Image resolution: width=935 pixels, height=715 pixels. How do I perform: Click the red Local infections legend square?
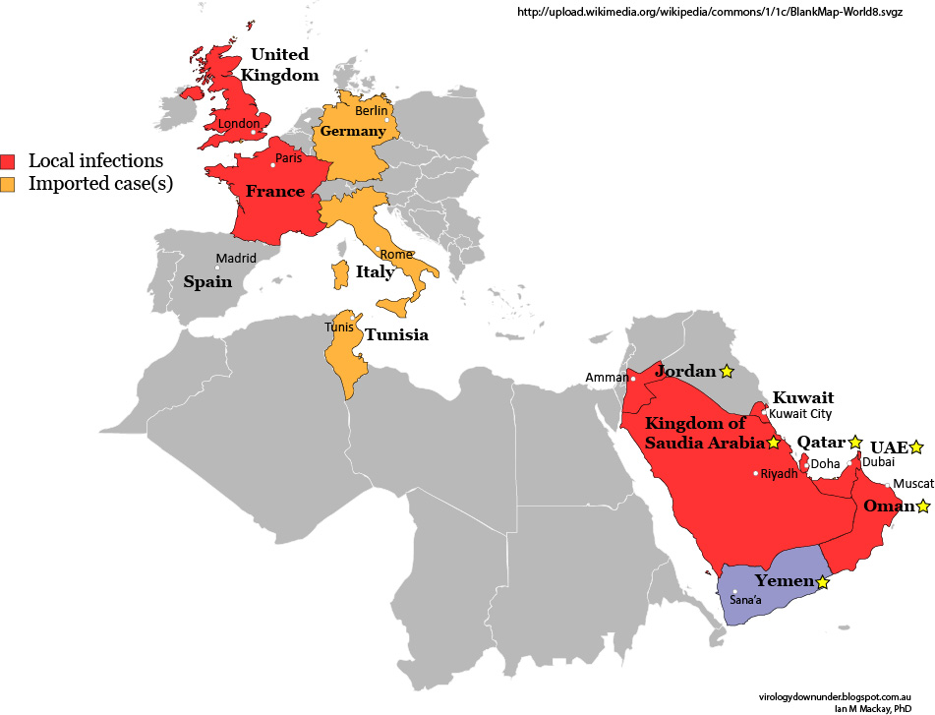(x=9, y=161)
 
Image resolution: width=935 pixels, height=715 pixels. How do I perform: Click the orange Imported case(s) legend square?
(x=9, y=184)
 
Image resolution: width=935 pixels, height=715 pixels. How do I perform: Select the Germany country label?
(x=351, y=131)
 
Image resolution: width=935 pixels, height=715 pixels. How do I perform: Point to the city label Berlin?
(x=372, y=111)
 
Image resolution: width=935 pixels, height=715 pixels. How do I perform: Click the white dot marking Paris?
(x=272, y=165)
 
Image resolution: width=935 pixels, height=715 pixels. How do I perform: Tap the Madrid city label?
(x=236, y=259)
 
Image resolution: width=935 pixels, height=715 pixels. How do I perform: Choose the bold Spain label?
(x=207, y=281)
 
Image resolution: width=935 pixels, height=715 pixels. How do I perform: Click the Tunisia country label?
(x=396, y=334)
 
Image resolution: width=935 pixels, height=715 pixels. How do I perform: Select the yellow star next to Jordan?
(x=727, y=371)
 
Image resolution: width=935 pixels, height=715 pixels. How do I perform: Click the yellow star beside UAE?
(x=916, y=447)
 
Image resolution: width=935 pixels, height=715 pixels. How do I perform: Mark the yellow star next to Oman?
(x=923, y=506)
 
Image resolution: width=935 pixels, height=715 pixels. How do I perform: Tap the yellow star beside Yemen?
(x=823, y=582)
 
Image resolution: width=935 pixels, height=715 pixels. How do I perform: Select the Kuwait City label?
(x=800, y=414)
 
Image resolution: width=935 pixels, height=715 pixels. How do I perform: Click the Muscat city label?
(x=913, y=484)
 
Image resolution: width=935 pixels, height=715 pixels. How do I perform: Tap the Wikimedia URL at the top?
(x=722, y=13)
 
